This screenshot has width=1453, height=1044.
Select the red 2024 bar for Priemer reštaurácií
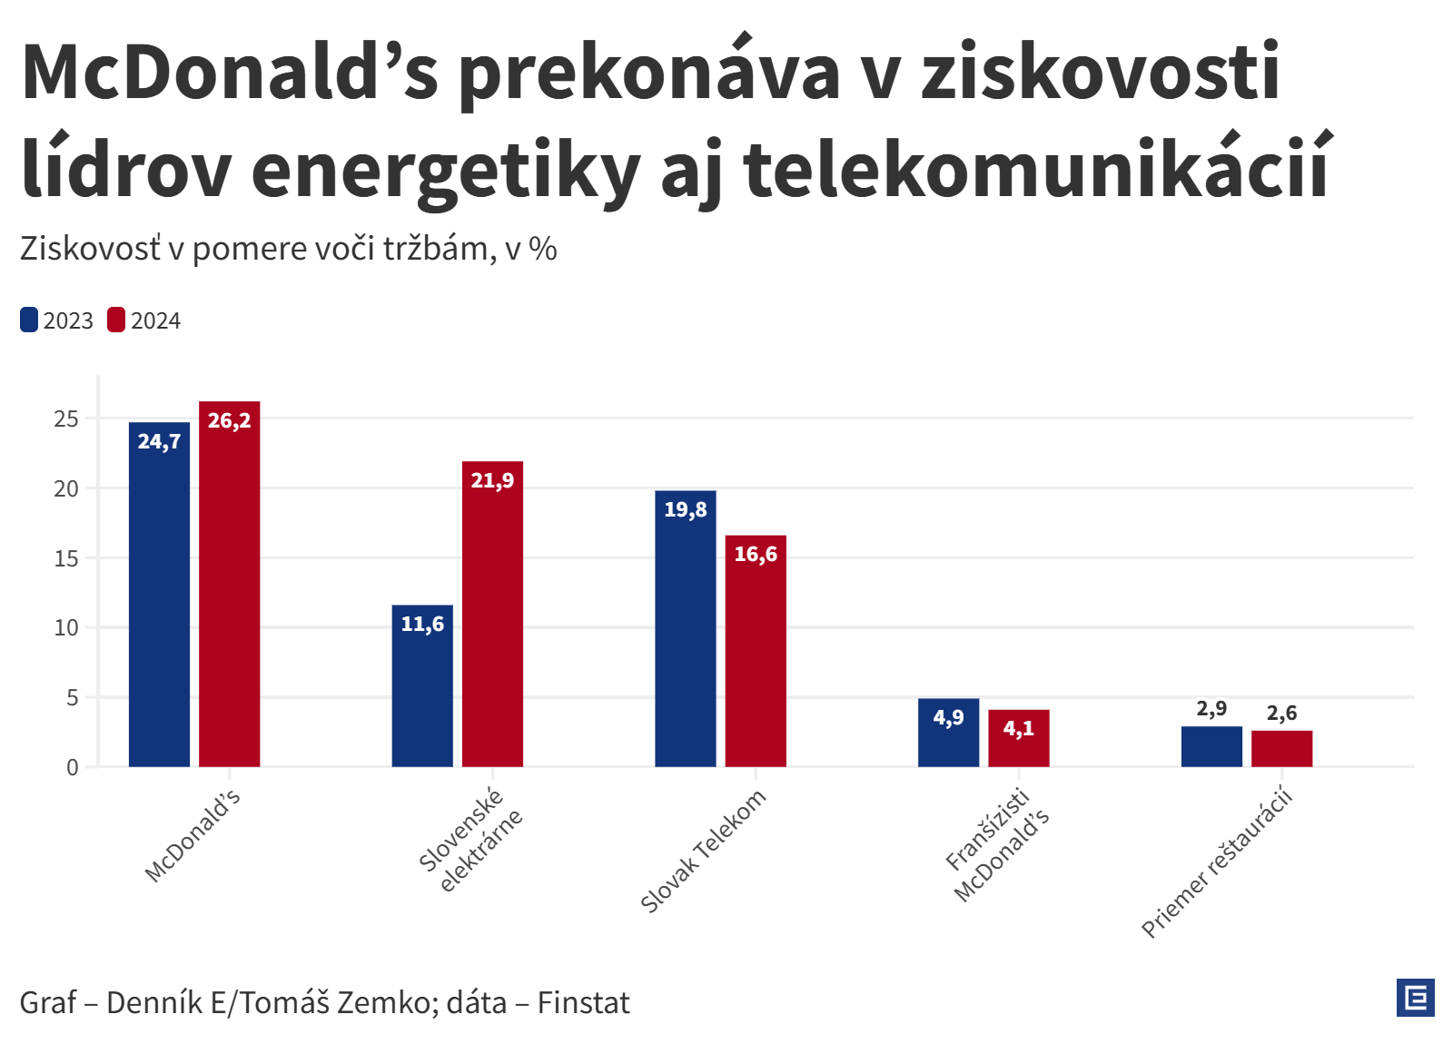click(x=1281, y=749)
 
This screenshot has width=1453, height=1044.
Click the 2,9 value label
click(x=1211, y=709)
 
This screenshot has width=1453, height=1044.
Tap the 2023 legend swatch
click(x=29, y=320)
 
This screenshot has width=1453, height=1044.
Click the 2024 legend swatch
click(x=116, y=320)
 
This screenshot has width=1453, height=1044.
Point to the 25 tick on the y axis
click(x=66, y=419)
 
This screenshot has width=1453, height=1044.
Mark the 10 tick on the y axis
click(x=66, y=628)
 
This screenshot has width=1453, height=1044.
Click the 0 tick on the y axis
click(x=73, y=768)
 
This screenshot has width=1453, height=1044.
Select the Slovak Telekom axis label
click(x=704, y=852)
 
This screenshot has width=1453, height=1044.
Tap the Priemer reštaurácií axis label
click(x=1217, y=864)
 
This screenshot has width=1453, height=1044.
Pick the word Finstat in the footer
click(x=583, y=1003)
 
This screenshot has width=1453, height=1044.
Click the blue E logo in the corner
click(x=1415, y=998)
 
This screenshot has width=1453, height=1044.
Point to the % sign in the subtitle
click(x=543, y=249)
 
